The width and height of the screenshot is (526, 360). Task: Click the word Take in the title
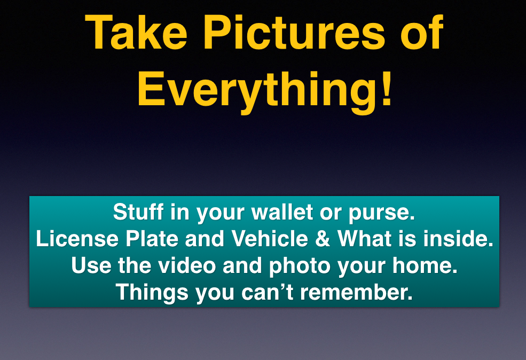pos(136,33)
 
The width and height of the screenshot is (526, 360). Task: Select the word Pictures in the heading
pos(294,33)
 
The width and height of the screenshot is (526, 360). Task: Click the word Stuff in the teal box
pos(138,212)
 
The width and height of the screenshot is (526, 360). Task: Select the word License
pos(77,239)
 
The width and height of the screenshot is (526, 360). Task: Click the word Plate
pos(152,239)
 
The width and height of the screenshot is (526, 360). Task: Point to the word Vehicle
pos(270,239)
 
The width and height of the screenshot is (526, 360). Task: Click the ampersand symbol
pos(323,239)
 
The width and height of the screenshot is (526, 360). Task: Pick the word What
pos(365,239)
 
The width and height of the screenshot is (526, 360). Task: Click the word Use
pos(91,265)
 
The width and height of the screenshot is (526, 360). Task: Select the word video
pos(187,265)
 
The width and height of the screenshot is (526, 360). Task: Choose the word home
pos(425,265)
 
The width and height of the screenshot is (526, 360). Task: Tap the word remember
pos(356,292)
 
